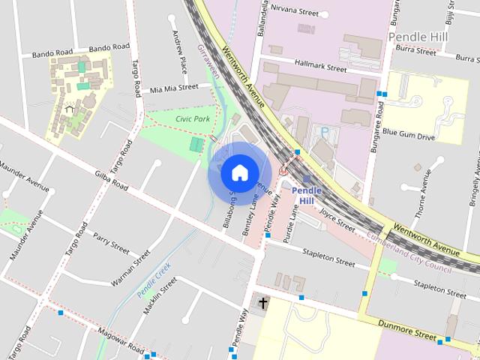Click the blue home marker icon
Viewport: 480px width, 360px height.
(239, 173)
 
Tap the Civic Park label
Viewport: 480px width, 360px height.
(193, 118)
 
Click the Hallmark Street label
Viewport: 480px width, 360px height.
(320, 67)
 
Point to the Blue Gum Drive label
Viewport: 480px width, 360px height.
(408, 136)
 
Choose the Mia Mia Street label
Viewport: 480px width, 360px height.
(174, 88)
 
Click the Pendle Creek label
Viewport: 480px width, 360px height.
(154, 278)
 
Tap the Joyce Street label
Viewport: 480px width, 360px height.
(337, 219)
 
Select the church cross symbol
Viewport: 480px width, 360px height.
(262, 303)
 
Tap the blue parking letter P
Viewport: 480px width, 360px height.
(325, 132)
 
